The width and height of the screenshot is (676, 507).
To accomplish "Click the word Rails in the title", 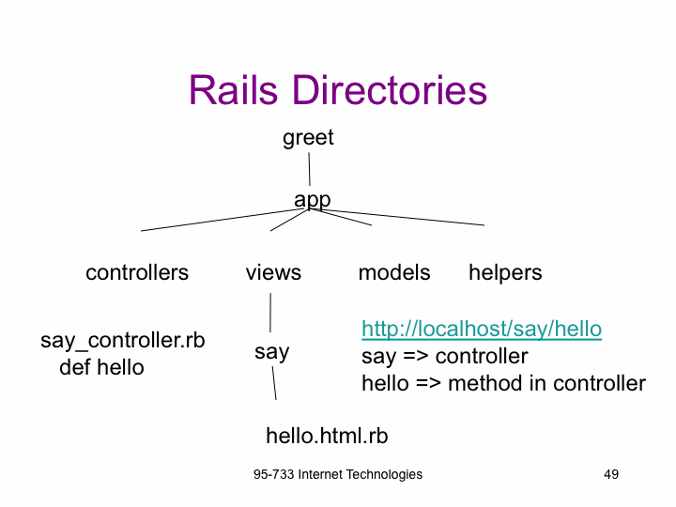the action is pos(233,90).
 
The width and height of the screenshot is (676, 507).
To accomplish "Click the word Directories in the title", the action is pos(390,90).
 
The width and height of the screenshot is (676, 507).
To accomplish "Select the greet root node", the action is pos(308,138).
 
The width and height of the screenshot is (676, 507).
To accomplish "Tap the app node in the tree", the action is pos(312,200).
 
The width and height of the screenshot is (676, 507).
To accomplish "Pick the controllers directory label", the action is pos(137,272).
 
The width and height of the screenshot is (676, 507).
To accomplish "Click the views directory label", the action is pos(273,273).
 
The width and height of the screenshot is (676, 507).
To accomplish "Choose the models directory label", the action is pos(394,272).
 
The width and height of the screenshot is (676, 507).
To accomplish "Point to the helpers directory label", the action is pos(505,273).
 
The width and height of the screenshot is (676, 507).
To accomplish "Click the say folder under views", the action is pos(271,352).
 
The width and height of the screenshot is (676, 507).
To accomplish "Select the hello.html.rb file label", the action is pos(328,436).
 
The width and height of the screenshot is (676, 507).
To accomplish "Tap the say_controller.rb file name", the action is pos(123,341).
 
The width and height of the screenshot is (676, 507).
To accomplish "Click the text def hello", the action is pos(101,367).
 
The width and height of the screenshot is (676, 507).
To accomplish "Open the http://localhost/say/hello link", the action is pos(482,329).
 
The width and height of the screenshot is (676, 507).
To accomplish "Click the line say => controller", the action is pos(444,357).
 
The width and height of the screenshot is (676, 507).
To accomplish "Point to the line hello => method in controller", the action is pos(503,383).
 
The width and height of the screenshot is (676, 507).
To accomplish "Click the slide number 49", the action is pos(611,474).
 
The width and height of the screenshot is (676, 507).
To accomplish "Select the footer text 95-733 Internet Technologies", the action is pos(338,475).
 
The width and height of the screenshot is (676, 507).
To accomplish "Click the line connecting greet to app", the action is pos(309,169).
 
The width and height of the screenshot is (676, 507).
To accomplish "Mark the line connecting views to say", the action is pos(270,313).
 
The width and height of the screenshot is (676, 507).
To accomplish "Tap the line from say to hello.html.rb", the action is pos(274,383).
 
